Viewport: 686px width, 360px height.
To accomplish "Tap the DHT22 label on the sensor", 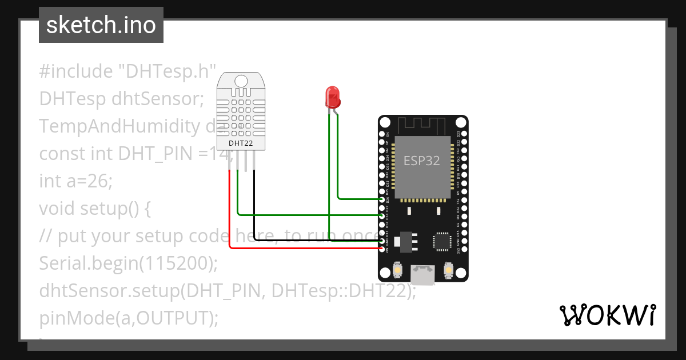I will pyautogui.click(x=241, y=143).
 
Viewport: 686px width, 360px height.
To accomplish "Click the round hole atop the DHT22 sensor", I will pyautogui.click(x=241, y=81).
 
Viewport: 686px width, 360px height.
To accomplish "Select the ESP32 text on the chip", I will pyautogui.click(x=422, y=161).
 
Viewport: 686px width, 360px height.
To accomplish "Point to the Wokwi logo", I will pyautogui.click(x=607, y=315).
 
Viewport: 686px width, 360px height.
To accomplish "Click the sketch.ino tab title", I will pyautogui.click(x=101, y=25).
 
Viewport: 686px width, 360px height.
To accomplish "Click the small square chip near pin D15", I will pyautogui.click(x=442, y=241).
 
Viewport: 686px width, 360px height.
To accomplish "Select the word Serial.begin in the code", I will pyautogui.click(x=89, y=263).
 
